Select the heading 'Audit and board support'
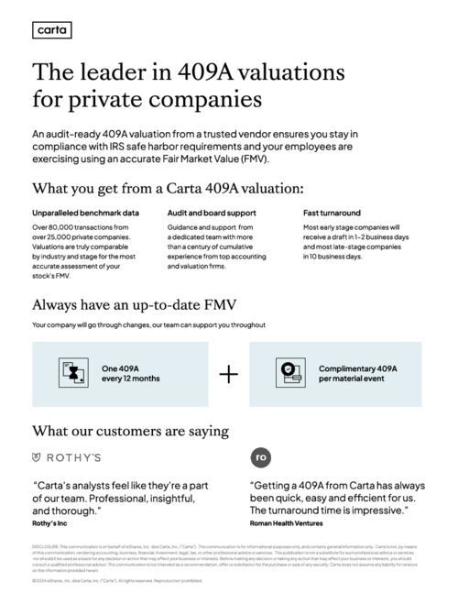211,213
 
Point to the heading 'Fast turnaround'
332,213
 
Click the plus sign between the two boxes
228,374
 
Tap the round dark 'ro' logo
260,456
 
